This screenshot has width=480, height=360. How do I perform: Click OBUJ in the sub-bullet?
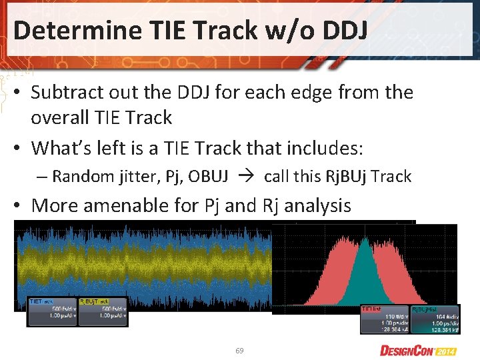[x=209, y=177]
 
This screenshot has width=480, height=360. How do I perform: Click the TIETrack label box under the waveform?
[x=53, y=311]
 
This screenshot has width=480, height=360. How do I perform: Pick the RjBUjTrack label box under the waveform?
[x=103, y=311]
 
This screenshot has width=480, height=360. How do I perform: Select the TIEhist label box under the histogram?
[x=385, y=319]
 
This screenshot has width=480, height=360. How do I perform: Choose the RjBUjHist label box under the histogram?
[x=434, y=319]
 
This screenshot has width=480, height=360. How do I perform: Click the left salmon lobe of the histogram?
[x=333, y=280]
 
